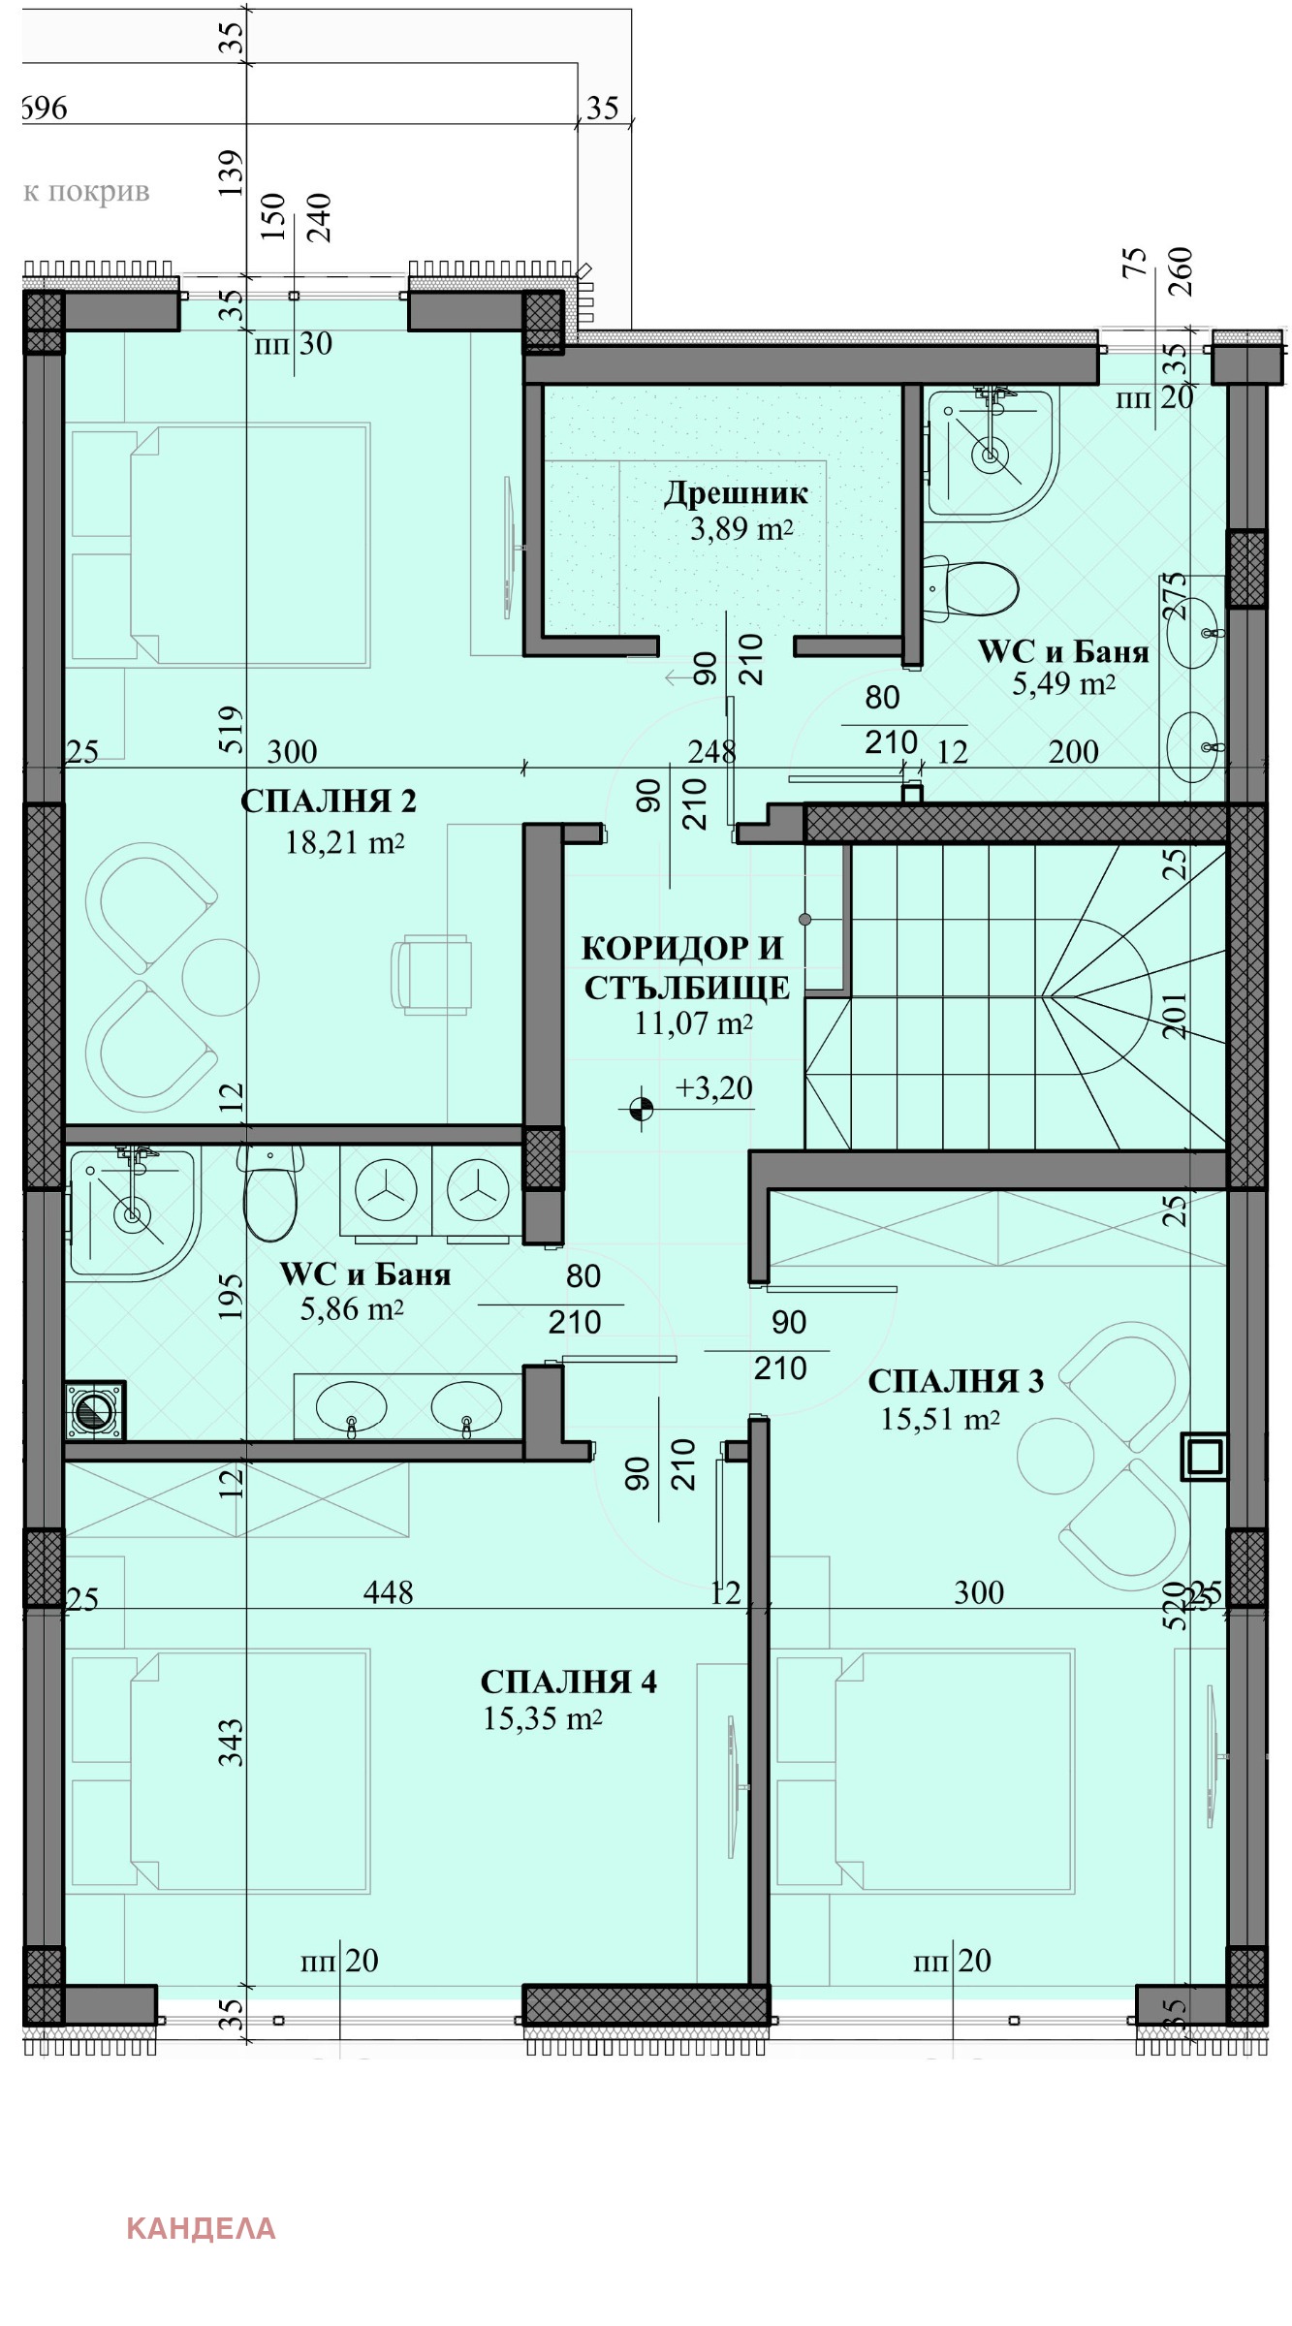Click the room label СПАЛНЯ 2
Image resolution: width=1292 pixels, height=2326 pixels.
point(329,802)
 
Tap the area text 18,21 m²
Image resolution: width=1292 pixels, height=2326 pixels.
point(344,842)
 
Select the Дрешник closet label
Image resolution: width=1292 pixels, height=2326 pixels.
point(736,493)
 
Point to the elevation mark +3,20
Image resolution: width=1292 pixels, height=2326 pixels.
point(714,1088)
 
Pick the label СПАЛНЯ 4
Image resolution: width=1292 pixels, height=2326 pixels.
point(569,1682)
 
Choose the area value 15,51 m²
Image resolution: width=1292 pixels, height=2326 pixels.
point(940,1419)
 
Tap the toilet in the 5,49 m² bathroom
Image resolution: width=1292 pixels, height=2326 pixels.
point(969,588)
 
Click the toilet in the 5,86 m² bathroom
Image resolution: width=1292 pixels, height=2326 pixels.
point(270,1193)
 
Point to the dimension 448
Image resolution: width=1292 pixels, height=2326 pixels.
point(388,1592)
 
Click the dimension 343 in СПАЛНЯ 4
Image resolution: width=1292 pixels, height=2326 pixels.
point(231,1744)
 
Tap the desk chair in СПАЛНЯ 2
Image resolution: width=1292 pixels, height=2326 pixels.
point(431,975)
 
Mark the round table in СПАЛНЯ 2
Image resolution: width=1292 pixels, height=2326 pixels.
point(221,977)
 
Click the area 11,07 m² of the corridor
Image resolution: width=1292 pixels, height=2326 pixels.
point(694,1023)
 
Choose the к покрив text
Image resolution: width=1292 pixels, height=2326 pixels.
point(86,191)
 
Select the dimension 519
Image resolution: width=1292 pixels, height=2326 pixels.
point(231,731)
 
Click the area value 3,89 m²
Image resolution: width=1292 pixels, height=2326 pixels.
point(742,529)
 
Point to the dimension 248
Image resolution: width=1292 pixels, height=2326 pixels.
point(711,751)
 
